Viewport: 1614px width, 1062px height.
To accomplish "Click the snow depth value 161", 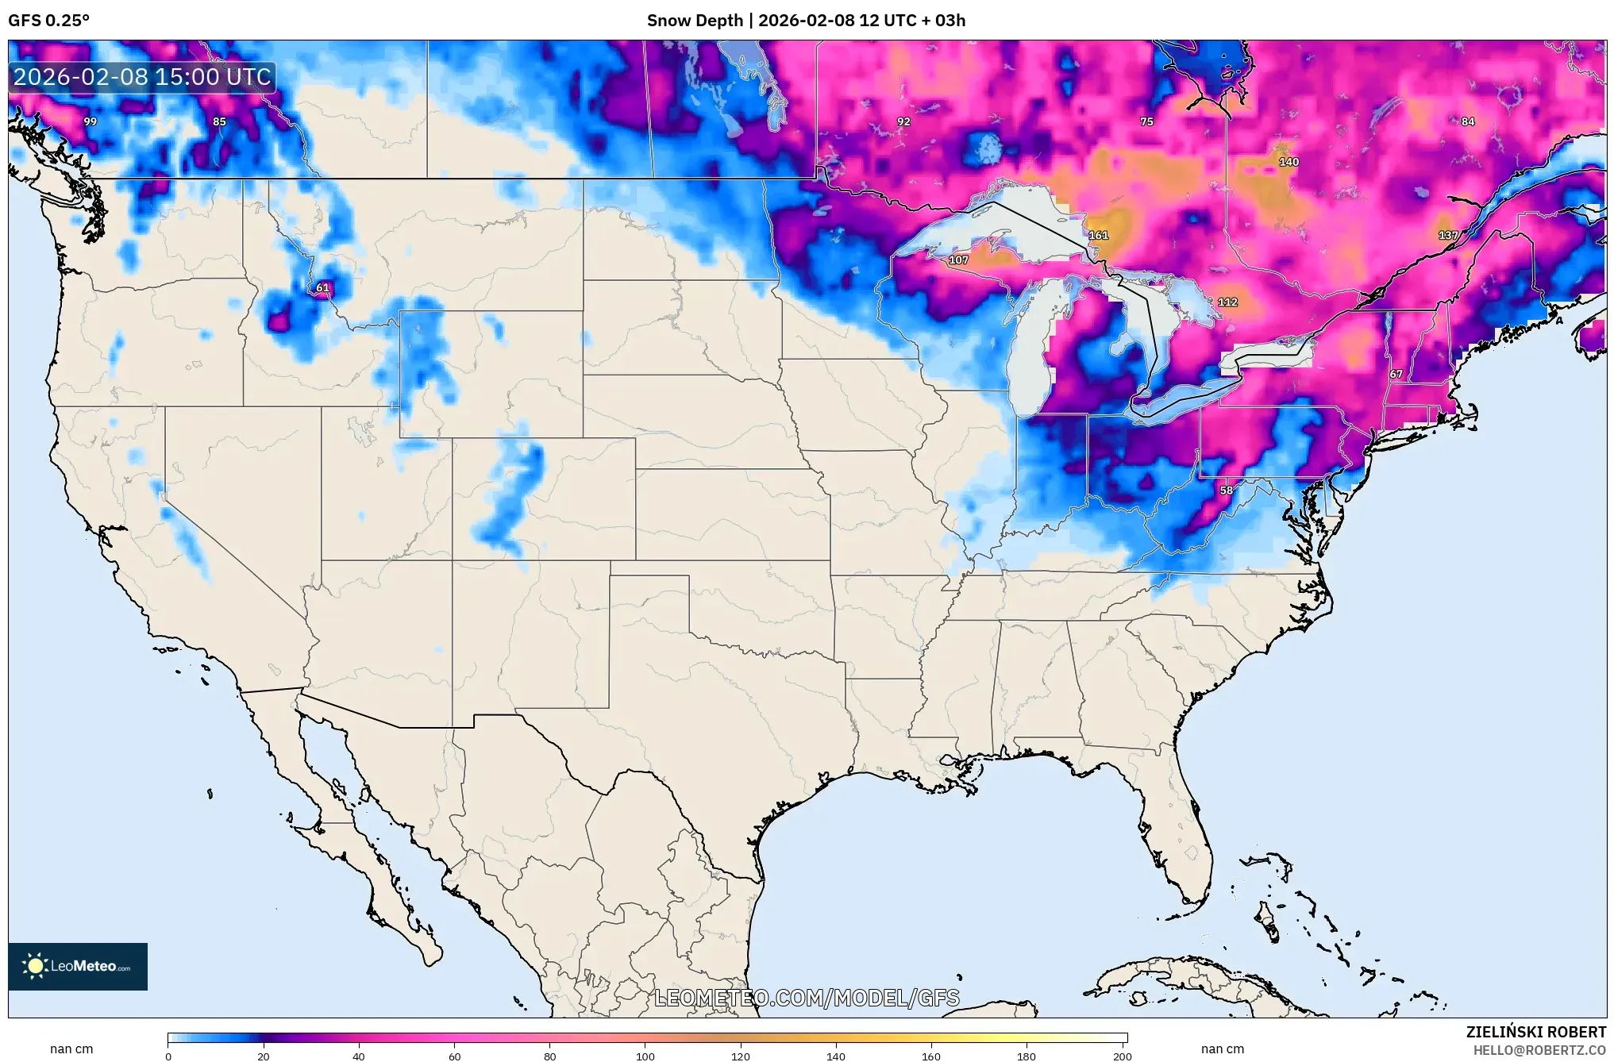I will point(1098,236).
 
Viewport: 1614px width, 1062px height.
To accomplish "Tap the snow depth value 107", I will point(958,260).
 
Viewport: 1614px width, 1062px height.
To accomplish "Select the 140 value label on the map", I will point(1289,162).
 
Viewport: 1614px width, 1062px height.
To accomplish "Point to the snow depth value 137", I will point(1448,236).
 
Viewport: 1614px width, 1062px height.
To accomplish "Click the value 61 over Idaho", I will point(322,288).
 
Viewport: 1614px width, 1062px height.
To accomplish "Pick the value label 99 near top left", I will point(91,122).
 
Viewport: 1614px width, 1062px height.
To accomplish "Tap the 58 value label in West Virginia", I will point(1227,491).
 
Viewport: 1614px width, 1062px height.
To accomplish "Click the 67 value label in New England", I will point(1396,374).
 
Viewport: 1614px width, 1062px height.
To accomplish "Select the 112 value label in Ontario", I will point(1227,302).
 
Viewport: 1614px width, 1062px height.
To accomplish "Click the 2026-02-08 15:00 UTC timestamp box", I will point(142,77).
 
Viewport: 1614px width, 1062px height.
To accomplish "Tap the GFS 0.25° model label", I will point(48,21).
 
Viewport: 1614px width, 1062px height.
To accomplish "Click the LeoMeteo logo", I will point(78,966).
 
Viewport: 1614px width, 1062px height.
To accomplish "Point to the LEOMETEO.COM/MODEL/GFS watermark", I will point(807,998).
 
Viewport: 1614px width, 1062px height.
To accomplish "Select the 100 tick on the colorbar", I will point(645,1056).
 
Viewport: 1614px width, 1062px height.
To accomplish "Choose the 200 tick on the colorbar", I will point(1122,1056).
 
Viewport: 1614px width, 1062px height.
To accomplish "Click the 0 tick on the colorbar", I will point(168,1056).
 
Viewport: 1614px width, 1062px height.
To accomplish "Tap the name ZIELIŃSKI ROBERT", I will point(1535,1032).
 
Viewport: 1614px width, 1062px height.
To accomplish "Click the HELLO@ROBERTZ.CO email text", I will point(1539,1050).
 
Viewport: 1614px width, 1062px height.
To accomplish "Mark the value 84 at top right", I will point(1468,122).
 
